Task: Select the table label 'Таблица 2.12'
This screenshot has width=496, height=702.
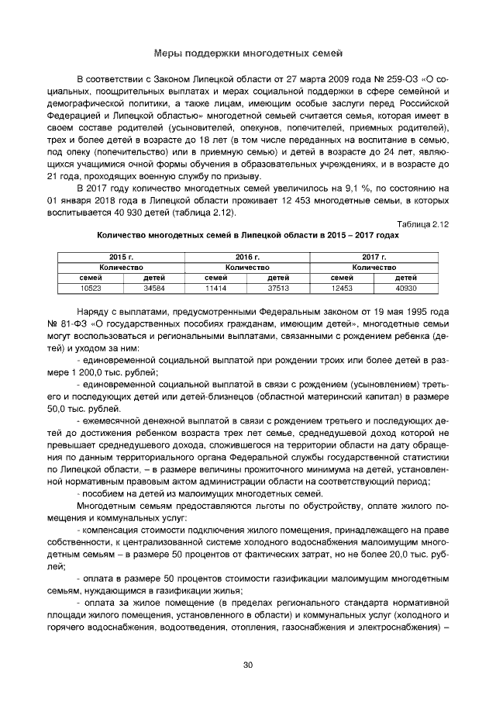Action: click(x=425, y=224)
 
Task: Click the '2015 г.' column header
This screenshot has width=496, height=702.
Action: click(x=122, y=256)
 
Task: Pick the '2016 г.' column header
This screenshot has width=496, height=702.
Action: click(x=247, y=256)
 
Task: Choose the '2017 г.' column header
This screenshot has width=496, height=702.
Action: click(x=374, y=256)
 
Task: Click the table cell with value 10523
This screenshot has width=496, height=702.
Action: click(x=91, y=287)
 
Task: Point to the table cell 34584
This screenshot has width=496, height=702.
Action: click(x=153, y=287)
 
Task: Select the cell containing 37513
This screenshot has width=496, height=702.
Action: click(x=278, y=287)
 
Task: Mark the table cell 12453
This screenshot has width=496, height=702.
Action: click(x=342, y=287)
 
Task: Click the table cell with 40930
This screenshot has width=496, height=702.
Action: click(x=405, y=287)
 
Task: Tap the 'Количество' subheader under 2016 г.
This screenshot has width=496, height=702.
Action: click(x=247, y=266)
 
